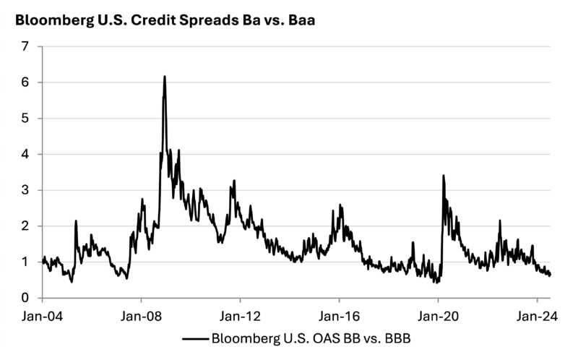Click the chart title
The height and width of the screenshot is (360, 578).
(x=165, y=20)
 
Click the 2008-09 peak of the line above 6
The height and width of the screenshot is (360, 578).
(x=165, y=77)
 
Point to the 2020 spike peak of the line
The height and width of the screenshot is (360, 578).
(x=443, y=176)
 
